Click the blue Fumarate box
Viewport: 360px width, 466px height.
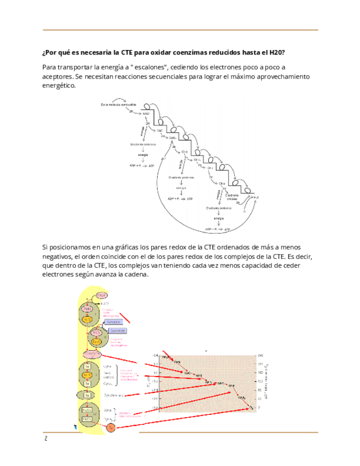111,322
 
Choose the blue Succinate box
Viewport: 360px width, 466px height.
117,330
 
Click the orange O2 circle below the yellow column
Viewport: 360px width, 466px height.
110,427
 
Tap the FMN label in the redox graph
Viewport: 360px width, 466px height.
177,362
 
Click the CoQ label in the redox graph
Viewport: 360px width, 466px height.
187,371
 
